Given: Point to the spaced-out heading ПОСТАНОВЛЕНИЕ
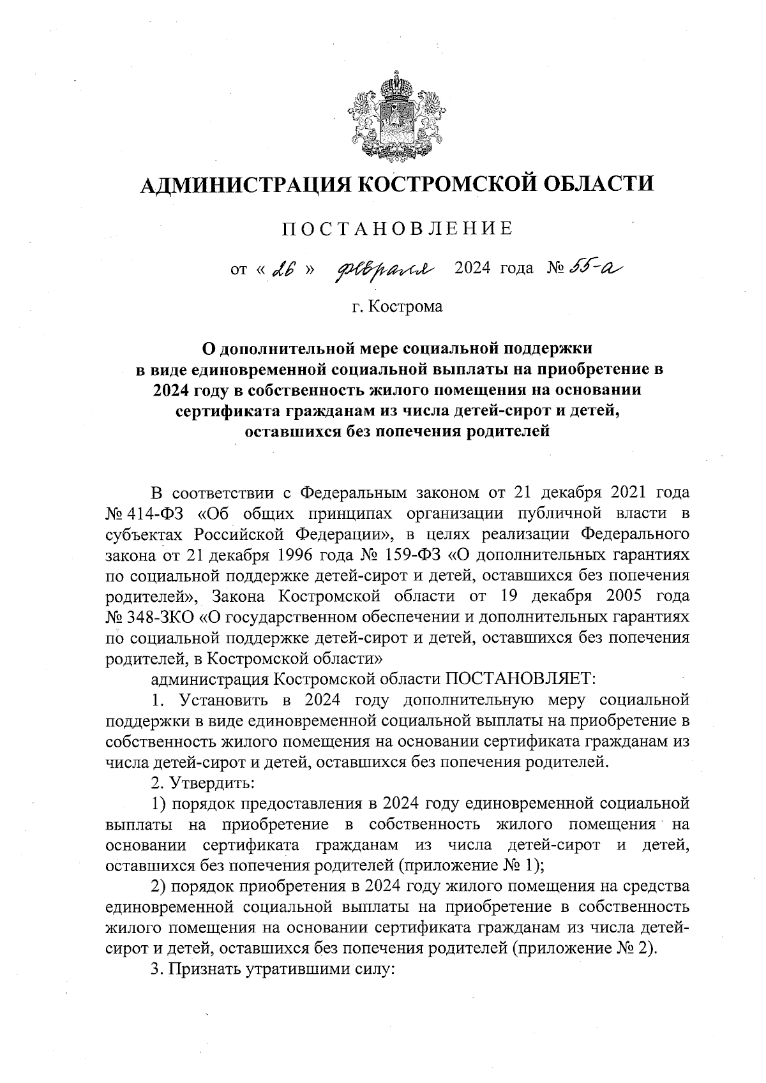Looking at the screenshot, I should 397,228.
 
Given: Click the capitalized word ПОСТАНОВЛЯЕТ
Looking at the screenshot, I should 520,678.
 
